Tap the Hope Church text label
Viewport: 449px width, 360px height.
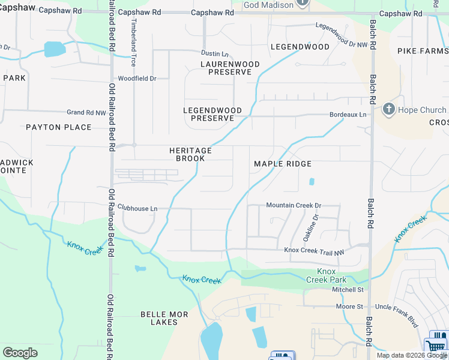tap(421, 110)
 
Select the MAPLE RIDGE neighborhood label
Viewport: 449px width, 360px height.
tap(283, 164)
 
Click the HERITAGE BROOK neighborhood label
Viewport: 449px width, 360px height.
tap(190, 154)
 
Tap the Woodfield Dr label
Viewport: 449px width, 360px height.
tap(137, 79)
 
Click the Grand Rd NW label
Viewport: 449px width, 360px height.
tap(86, 112)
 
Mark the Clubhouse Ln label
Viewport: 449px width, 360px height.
tap(137, 208)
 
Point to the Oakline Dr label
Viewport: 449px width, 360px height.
tap(315, 228)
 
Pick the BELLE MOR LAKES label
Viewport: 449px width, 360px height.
tap(164, 318)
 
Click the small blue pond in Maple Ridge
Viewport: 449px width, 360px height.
tap(311, 181)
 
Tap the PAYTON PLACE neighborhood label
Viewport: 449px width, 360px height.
tap(59, 127)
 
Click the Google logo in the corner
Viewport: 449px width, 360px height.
tap(20, 353)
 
